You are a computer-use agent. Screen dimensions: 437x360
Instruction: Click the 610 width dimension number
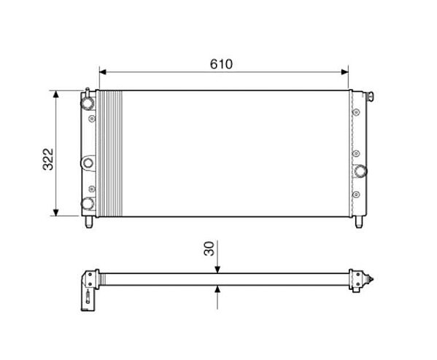[221, 64]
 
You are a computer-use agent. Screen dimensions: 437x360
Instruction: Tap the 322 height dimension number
[48, 159]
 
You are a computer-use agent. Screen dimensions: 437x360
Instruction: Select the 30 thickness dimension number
[209, 249]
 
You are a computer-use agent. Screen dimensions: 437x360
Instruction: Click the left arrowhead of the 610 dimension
[103, 72]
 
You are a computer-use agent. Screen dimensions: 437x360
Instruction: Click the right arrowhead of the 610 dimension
[345, 72]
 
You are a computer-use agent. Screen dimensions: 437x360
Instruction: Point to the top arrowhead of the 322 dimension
[56, 94]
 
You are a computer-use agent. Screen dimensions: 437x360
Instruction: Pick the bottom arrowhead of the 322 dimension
[56, 213]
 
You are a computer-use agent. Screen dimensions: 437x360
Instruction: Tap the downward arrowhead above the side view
[217, 270]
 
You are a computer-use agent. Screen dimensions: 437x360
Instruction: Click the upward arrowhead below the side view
[217, 289]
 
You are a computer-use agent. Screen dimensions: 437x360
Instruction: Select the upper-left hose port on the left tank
[88, 103]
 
